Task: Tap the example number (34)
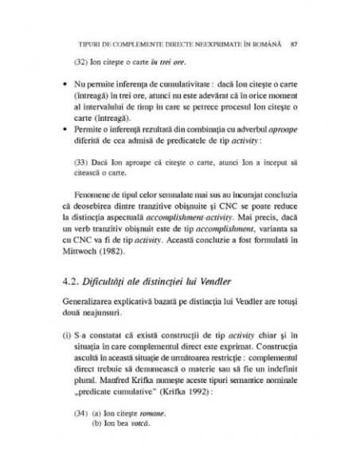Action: tap(79, 413)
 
